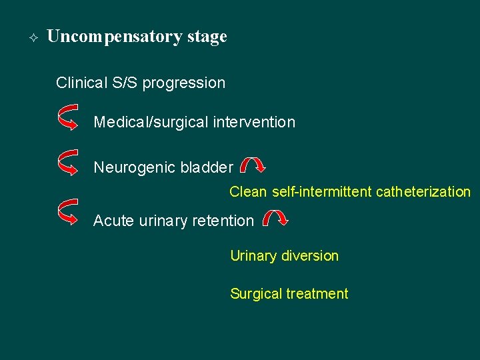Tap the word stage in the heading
tap(207, 37)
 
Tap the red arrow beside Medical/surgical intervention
tap(69, 117)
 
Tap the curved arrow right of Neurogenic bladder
tap(253, 165)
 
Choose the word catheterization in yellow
tap(423, 192)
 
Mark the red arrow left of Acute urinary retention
tap(69, 211)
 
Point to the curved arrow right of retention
tap(275, 217)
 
